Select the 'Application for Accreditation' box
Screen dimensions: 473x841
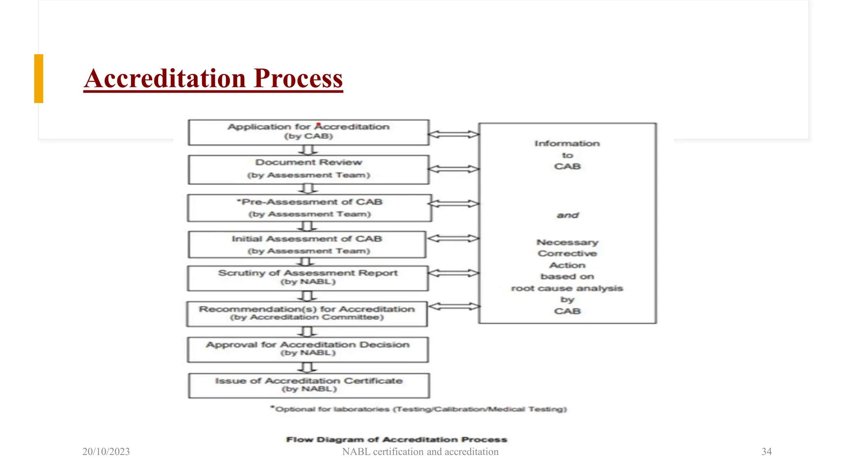(308, 132)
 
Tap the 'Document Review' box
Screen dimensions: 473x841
(308, 169)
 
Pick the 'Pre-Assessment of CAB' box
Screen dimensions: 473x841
(309, 208)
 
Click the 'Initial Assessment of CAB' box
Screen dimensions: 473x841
(307, 244)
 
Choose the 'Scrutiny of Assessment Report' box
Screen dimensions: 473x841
(308, 278)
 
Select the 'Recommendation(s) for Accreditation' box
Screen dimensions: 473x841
(307, 314)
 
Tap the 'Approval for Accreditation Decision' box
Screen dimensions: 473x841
(308, 349)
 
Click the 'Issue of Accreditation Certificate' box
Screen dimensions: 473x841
(309, 385)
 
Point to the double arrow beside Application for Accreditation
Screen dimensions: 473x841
(453, 134)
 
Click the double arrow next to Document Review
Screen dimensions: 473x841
(453, 169)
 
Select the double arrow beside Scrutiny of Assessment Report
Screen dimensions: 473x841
(453, 273)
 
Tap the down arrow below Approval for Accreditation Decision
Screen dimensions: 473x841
(308, 367)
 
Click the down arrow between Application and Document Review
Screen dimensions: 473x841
(308, 150)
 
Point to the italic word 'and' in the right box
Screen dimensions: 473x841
(568, 215)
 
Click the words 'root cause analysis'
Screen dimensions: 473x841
(567, 288)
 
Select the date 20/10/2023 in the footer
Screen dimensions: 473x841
(106, 452)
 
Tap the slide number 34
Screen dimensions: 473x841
(766, 452)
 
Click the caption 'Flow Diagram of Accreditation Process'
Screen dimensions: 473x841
(397, 439)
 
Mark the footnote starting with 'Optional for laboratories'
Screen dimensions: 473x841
(419, 409)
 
